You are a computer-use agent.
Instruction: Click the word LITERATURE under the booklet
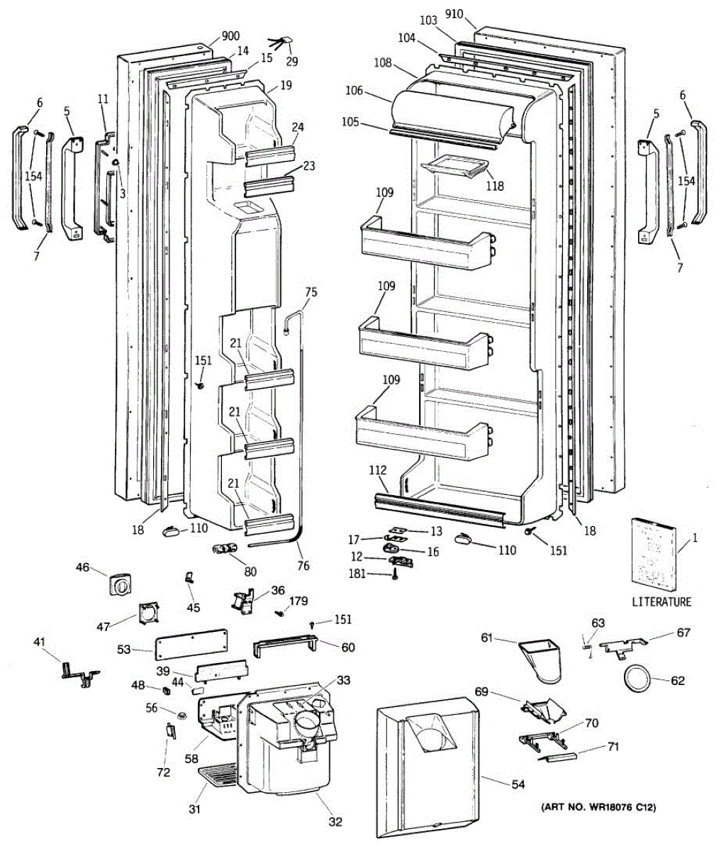pyautogui.click(x=661, y=601)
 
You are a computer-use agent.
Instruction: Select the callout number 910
pyautogui.click(x=454, y=14)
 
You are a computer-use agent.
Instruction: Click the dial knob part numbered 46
pyautogui.click(x=121, y=583)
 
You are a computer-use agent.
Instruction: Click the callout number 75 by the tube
pyautogui.click(x=311, y=292)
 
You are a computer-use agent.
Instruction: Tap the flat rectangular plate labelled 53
pyautogui.click(x=191, y=645)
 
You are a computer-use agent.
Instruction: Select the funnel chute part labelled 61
pyautogui.click(x=540, y=661)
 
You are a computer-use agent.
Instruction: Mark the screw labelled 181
pyautogui.click(x=396, y=574)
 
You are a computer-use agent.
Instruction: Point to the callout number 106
pyautogui.click(x=354, y=90)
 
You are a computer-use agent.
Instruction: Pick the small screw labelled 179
pyautogui.click(x=280, y=614)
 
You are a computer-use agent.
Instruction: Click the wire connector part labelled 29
pyautogui.click(x=281, y=43)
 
